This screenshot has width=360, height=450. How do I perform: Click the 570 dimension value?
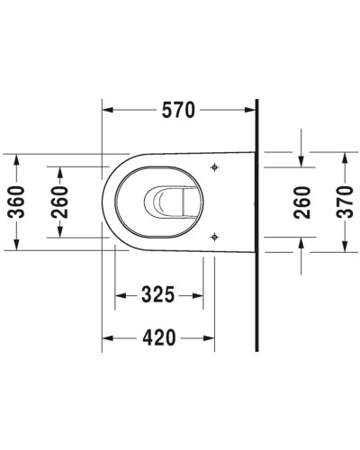pyautogui.click(x=179, y=111)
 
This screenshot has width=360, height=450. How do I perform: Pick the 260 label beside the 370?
pyautogui.click(x=302, y=202)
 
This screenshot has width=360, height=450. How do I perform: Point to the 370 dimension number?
pyautogui.click(x=345, y=202)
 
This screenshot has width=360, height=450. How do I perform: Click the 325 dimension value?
pyautogui.click(x=157, y=294)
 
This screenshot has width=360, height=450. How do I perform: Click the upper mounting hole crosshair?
pyautogui.click(x=214, y=168)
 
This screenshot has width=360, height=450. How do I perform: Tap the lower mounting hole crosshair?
pyautogui.click(x=214, y=237)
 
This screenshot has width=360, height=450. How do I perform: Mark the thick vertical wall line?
pyautogui.click(x=257, y=225)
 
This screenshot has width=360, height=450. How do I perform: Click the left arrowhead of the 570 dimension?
pyautogui.click(x=105, y=111)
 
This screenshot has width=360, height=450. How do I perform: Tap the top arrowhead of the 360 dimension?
pyautogui.click(x=17, y=157)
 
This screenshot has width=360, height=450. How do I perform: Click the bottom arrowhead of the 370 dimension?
pyautogui.click(x=345, y=249)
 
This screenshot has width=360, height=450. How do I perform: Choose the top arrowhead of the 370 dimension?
pyautogui.click(x=345, y=155)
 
